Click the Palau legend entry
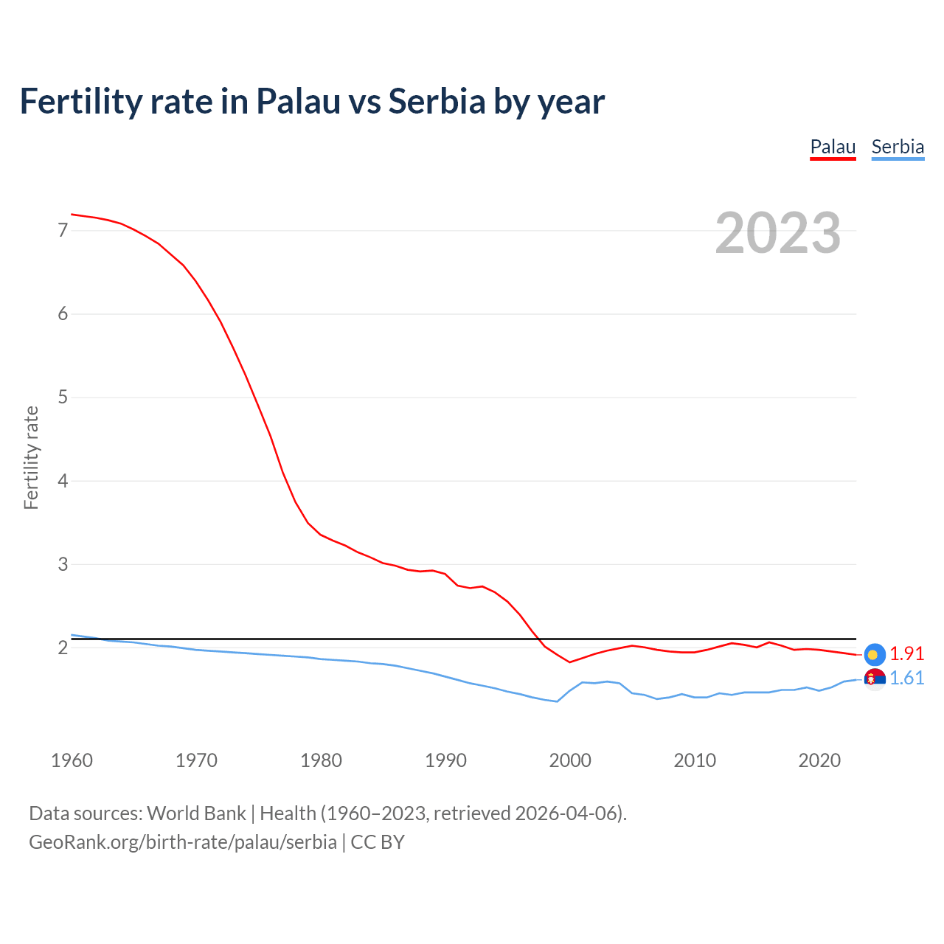click(x=833, y=147)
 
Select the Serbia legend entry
click(x=898, y=147)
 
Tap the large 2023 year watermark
click(x=778, y=233)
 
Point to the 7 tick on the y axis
click(x=63, y=231)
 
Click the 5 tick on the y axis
click(x=63, y=398)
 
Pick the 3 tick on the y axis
click(x=63, y=564)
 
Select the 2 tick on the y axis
click(x=63, y=648)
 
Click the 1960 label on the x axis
click(x=72, y=760)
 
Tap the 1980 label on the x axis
click(x=321, y=760)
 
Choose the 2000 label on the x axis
click(x=570, y=760)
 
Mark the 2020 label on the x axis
click(x=819, y=760)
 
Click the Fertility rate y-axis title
click(x=31, y=457)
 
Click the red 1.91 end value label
click(x=906, y=654)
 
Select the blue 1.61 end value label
click(x=906, y=678)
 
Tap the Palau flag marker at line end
click(x=874, y=654)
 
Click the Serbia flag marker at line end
click(x=874, y=678)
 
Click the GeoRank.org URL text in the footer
click(x=183, y=842)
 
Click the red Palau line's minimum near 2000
click(x=569, y=662)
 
